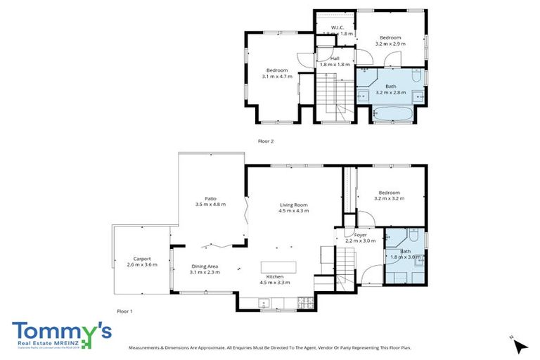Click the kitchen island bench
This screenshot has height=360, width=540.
coord(279,266)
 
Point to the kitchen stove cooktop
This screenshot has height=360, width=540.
coord(307,303)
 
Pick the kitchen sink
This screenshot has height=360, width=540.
coord(264,304)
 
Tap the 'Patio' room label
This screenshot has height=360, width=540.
coord(210,198)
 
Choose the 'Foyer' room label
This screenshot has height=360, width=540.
coord(360,235)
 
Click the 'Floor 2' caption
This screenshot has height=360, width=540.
coord(266,141)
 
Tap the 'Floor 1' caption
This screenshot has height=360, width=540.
coord(124,311)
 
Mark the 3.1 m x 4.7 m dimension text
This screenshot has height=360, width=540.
coord(276,76)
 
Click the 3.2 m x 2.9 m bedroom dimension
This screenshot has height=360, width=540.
coord(390,44)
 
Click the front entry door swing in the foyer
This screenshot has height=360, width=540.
coord(369,276)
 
